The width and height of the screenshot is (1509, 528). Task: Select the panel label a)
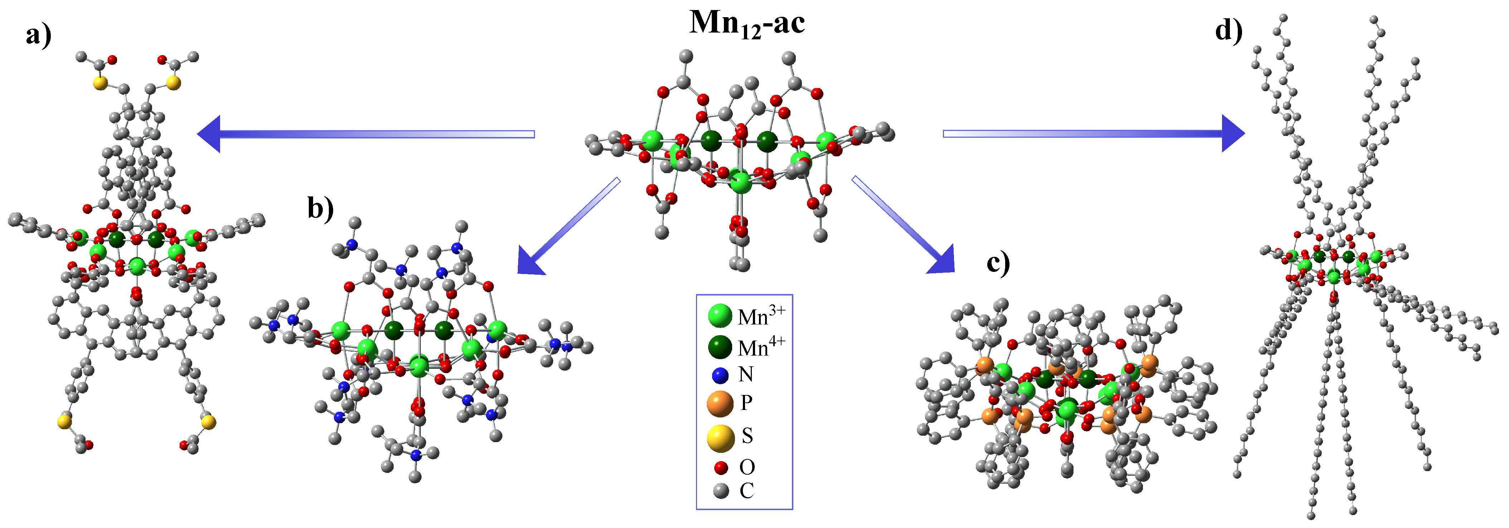(x=39, y=35)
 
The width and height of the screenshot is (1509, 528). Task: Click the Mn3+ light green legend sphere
(x=720, y=316)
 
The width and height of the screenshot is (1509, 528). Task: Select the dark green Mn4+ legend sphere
(x=720, y=347)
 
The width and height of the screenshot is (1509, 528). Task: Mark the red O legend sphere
(x=721, y=468)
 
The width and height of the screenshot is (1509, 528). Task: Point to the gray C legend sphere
(x=721, y=490)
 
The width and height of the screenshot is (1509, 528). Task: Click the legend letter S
(x=747, y=436)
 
